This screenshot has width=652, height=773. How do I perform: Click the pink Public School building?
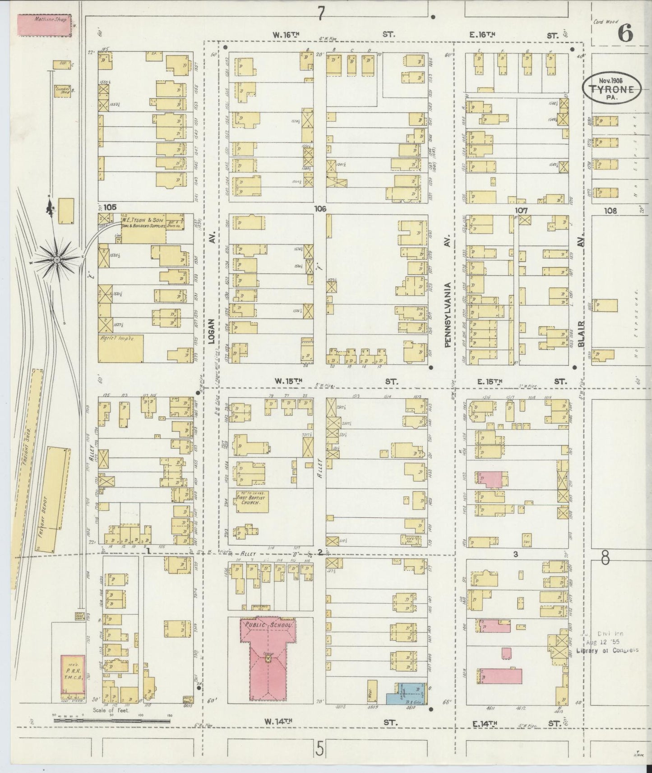click(268, 659)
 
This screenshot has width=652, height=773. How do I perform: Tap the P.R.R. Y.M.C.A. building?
click(73, 674)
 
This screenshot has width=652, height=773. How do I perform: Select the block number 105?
click(110, 207)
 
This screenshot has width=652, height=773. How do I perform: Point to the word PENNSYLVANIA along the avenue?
click(448, 314)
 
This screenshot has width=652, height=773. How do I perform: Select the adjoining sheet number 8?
click(605, 559)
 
